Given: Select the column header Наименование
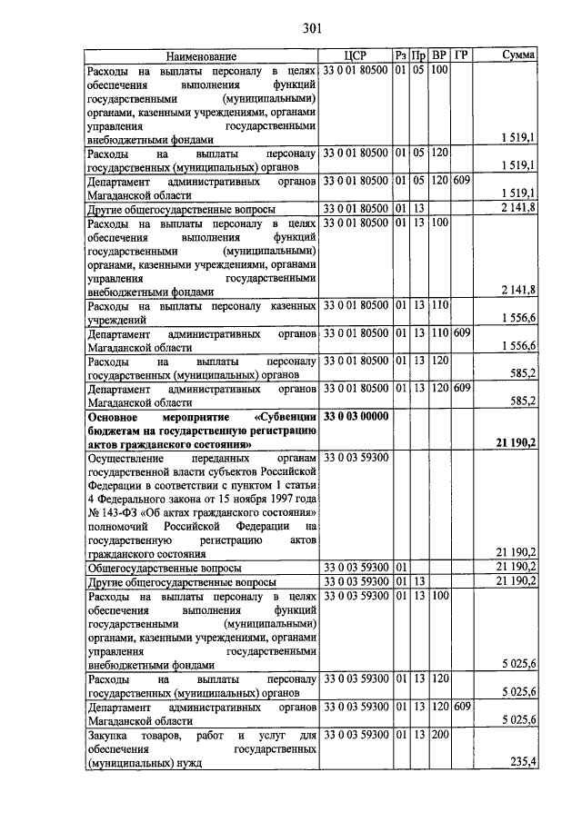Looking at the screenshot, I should (201, 55).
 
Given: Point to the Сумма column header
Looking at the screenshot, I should (518, 55).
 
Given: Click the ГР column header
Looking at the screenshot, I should (461, 55).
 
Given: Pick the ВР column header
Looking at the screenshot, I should (439, 55).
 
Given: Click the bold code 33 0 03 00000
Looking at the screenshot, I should (356, 416).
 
